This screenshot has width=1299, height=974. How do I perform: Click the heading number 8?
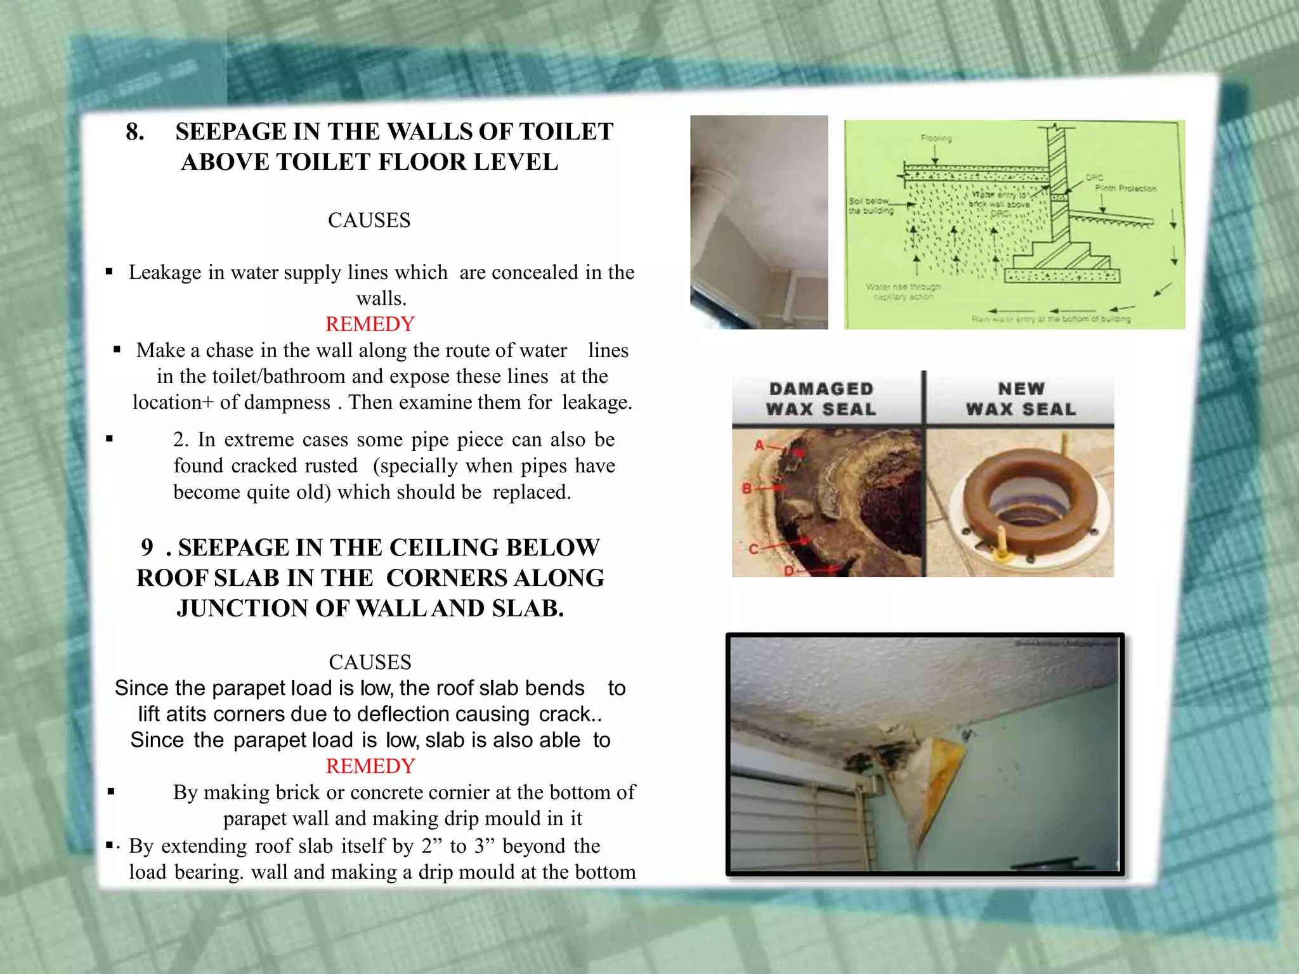coord(134,132)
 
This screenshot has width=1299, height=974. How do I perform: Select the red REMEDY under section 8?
coord(369,324)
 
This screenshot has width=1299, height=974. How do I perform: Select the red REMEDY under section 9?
coord(370,766)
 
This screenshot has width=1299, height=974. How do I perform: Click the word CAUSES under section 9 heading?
coord(370,662)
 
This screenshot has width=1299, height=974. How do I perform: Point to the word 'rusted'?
coord(330,465)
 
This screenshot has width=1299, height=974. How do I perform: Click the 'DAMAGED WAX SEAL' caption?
coord(821,399)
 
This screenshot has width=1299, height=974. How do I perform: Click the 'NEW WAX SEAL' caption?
coord(1020,399)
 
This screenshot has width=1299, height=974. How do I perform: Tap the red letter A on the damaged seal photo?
coord(759,445)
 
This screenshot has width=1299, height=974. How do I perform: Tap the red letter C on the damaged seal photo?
coord(754,549)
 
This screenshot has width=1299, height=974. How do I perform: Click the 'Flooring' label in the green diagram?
coord(936,138)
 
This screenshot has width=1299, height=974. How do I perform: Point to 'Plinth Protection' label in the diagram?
coord(1125,188)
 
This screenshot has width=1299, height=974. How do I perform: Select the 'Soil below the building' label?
coord(870,205)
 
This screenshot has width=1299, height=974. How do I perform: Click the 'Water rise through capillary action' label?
coord(903,292)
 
